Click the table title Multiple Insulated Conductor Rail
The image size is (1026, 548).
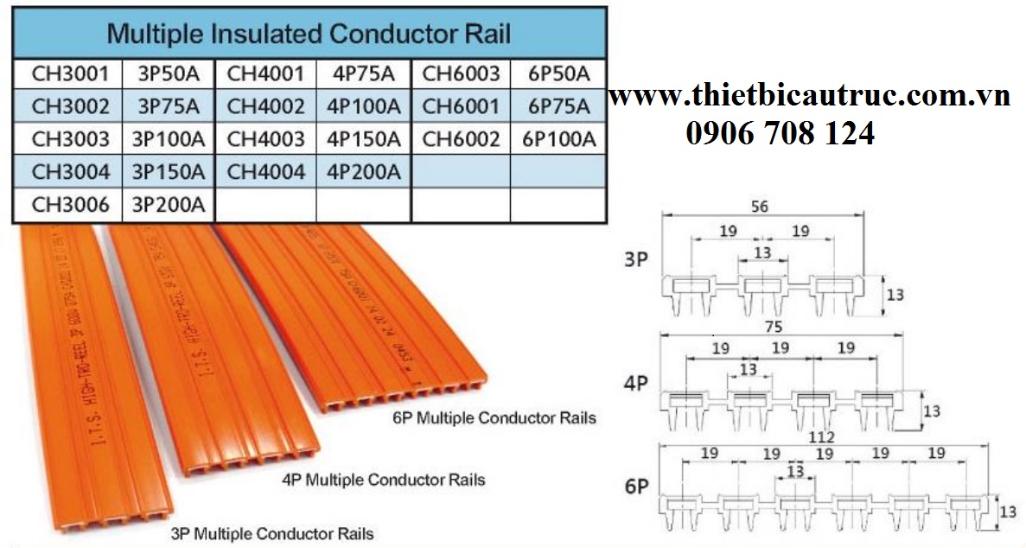(308, 34)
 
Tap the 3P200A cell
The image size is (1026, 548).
(169, 205)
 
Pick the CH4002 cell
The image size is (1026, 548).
(265, 107)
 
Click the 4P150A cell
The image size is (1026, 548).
(364, 139)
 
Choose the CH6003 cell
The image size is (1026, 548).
(461, 74)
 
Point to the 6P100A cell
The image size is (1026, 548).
(559, 139)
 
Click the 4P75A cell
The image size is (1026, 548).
(364, 74)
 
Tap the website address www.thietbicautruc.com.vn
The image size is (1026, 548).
(809, 97)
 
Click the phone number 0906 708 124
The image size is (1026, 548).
(780, 133)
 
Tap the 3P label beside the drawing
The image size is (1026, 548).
(635, 259)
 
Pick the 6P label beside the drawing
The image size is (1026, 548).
(635, 487)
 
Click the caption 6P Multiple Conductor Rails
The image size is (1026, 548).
(494, 418)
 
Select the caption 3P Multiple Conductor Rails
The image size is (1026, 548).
(272, 533)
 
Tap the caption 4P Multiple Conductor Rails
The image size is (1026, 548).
(384, 479)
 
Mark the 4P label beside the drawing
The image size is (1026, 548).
(635, 383)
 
